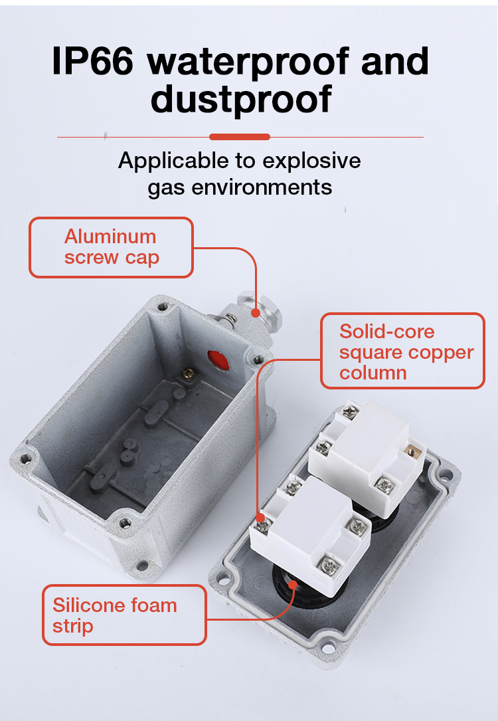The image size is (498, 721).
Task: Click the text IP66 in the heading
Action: click(94, 62)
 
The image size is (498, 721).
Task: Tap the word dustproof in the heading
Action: click(241, 99)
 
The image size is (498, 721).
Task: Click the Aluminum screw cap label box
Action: click(111, 247)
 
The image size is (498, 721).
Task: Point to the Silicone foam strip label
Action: click(124, 615)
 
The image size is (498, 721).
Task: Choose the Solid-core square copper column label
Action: click(402, 351)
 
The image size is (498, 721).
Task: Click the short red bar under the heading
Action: click(239, 137)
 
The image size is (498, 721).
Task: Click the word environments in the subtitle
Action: click(262, 187)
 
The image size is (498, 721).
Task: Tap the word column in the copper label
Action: click(373, 373)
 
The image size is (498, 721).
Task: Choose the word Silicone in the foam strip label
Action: click(89, 605)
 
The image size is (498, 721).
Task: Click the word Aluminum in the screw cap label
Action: click(110, 237)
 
